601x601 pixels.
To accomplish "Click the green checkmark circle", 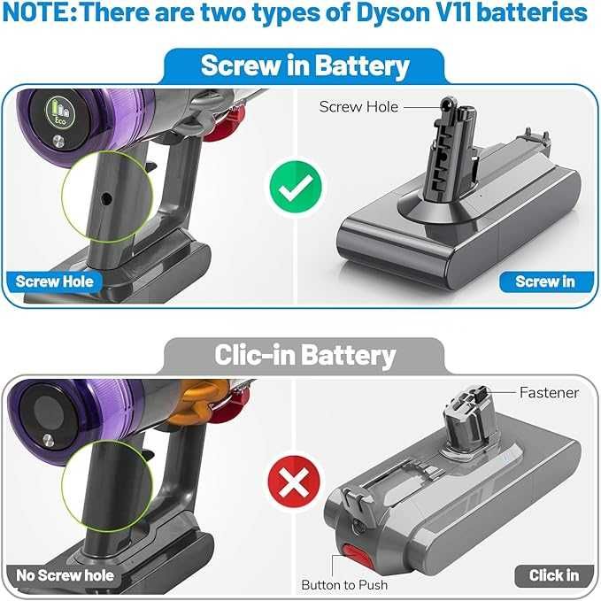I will [x=297, y=187].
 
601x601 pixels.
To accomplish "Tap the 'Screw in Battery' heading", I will [x=304, y=65].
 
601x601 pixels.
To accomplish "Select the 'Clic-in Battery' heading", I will [x=304, y=355].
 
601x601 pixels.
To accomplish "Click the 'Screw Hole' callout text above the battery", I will [x=358, y=107].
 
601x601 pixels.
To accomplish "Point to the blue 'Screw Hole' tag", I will [x=54, y=282].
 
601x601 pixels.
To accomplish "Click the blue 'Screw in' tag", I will [x=544, y=282].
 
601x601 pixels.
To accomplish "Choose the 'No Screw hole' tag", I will [x=65, y=575].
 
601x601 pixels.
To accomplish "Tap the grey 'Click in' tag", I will [x=553, y=575].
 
